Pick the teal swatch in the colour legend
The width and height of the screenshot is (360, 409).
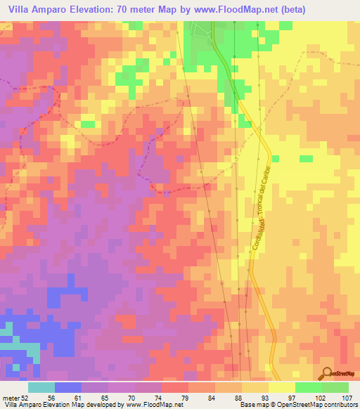coord(41,387)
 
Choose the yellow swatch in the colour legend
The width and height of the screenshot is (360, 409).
coord(281,387)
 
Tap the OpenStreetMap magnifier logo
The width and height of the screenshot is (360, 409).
coord(326,374)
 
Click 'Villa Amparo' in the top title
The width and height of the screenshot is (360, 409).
coord(34,9)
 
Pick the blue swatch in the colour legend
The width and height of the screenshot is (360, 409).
coord(68,387)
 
